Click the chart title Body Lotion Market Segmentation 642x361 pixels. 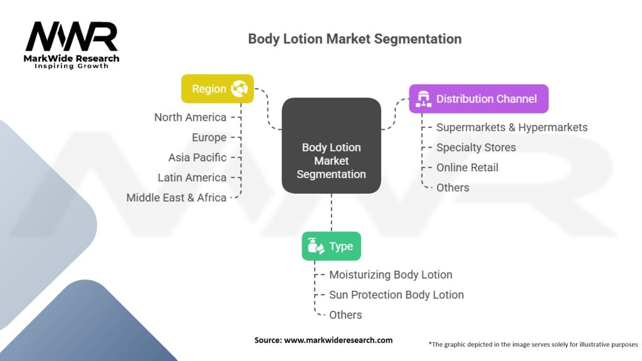(354, 39)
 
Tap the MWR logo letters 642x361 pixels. (71, 38)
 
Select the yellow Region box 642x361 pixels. (217, 89)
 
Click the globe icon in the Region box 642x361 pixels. (239, 89)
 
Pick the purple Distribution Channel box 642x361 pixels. (478, 99)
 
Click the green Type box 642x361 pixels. (331, 246)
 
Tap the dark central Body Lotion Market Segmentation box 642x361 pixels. (331, 161)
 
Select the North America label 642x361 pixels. (190, 117)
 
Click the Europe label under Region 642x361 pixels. (209, 137)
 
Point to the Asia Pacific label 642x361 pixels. (197, 157)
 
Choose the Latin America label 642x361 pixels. (192, 177)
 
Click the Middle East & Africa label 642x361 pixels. (176, 197)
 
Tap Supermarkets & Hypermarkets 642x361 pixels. (512, 127)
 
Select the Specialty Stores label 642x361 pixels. (476, 147)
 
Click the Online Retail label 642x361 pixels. (467, 167)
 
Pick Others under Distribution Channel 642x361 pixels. (453, 187)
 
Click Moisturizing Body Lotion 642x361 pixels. (391, 275)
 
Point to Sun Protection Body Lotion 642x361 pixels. (396, 295)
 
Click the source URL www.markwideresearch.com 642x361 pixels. (338, 340)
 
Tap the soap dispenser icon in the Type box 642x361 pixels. (315, 246)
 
